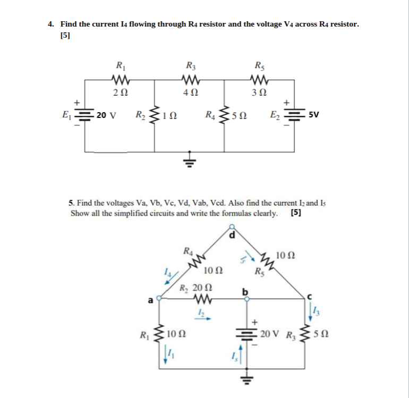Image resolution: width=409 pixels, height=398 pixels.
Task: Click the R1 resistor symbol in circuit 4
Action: coord(121,81)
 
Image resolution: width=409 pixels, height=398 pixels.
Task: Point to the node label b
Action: coord(245,291)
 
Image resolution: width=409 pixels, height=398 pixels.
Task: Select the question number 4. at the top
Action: coord(51,24)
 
